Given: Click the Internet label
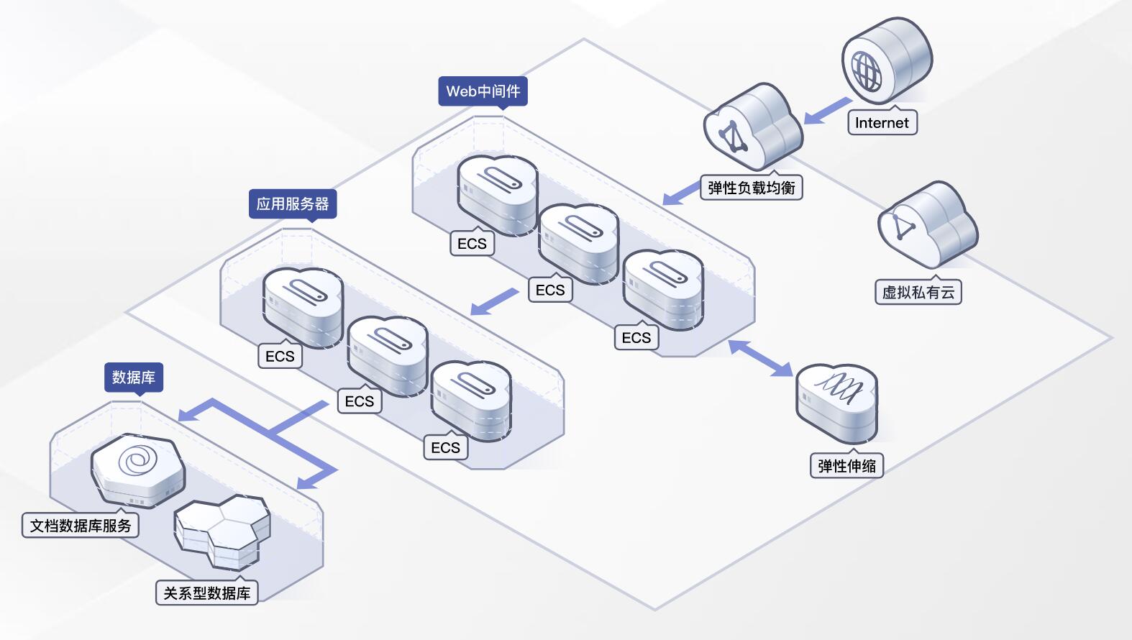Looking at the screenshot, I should click(x=882, y=123).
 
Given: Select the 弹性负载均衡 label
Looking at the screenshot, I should click(x=751, y=188).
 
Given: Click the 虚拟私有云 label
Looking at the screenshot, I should click(x=918, y=293).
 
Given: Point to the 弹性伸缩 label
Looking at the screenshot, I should click(x=846, y=466).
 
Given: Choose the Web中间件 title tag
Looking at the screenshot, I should click(x=483, y=91).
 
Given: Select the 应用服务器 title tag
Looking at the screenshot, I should click(x=292, y=204).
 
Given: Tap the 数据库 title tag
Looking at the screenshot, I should click(x=134, y=378).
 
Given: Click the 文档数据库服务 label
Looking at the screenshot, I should click(x=81, y=526).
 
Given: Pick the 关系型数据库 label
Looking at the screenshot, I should click(x=206, y=593).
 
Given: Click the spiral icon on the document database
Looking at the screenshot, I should click(x=137, y=460).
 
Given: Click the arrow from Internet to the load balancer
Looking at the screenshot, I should click(x=827, y=111).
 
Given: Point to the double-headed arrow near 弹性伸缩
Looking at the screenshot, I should click(x=760, y=357).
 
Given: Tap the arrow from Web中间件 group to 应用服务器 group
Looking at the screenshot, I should click(x=495, y=301).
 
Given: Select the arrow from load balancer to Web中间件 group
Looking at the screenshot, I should click(x=680, y=194).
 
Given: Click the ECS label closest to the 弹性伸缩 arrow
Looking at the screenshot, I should click(x=636, y=338).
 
